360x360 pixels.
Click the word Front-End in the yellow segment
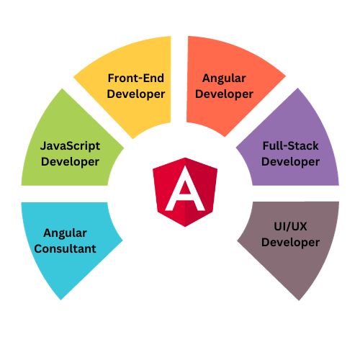tap(136, 78)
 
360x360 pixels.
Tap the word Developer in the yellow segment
tap(136, 94)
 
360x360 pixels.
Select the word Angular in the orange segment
tap(224, 78)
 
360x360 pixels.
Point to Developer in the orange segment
tap(224, 94)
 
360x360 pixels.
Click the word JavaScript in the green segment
tap(70, 146)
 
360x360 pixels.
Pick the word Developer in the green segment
tap(70, 162)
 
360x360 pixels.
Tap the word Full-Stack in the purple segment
tap(290, 145)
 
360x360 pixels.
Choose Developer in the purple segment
tap(290, 162)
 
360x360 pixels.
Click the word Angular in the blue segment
tap(65, 233)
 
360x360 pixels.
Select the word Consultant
tap(65, 248)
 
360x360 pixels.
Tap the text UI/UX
tap(290, 226)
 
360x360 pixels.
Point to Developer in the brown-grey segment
tap(290, 243)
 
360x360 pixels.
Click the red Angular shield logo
tap(185, 192)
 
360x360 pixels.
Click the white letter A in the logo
tap(185, 189)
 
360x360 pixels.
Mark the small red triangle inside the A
tap(185, 189)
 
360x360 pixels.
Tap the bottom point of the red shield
tap(185, 227)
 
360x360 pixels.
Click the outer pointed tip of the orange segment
tap(285, 76)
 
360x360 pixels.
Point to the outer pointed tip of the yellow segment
tap(73, 77)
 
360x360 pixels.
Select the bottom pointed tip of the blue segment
tap(61, 300)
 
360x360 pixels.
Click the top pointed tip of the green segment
tap(62, 89)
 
